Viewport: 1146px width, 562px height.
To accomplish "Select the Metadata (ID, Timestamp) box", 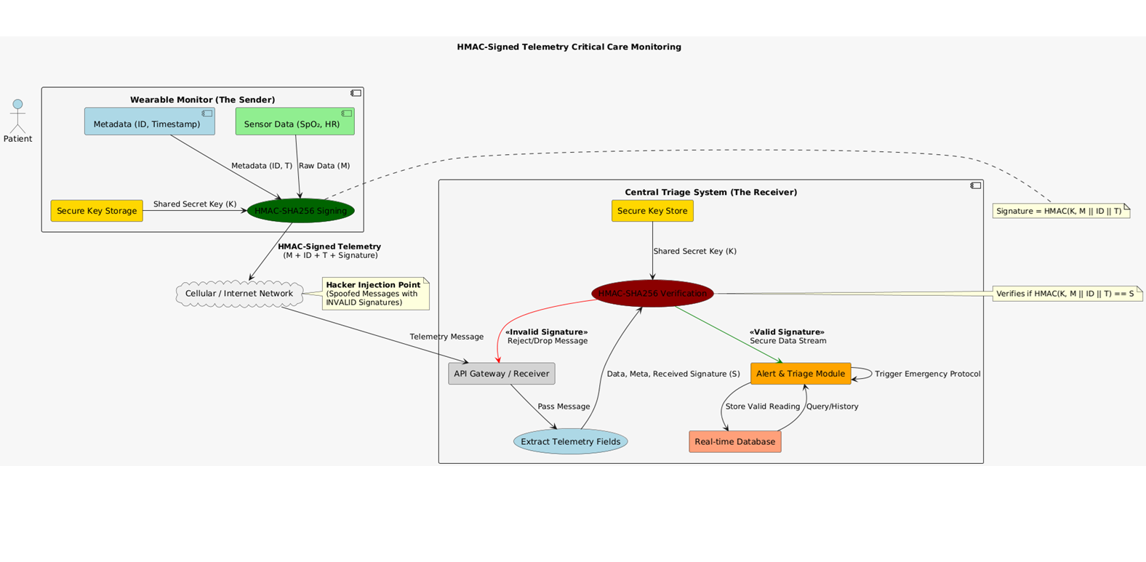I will [150, 121].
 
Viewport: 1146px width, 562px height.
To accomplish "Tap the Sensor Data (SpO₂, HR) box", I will [294, 121].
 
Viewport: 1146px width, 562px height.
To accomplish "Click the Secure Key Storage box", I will [97, 211].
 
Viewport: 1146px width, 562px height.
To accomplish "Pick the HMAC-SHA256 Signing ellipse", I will [300, 211].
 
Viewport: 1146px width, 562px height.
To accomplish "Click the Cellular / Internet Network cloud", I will [239, 294].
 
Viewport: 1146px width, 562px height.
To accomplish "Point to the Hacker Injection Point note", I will [375, 294].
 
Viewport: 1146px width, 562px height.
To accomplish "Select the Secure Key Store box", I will [652, 211].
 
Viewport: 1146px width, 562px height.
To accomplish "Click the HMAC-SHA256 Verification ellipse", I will [652, 294].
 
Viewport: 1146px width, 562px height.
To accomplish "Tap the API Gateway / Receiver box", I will [501, 374].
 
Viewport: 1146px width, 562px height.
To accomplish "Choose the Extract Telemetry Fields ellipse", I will [570, 441].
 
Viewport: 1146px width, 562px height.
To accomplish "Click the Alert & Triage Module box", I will [800, 374].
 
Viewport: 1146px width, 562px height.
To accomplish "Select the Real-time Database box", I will [734, 441].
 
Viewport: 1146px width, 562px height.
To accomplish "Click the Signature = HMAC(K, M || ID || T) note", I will [1059, 211].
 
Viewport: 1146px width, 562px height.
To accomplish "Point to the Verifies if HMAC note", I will [1065, 294].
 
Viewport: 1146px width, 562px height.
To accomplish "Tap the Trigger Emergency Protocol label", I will [927, 374].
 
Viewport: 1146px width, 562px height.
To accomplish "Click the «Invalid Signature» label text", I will [546, 332].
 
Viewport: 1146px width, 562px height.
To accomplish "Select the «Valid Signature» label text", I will [787, 332].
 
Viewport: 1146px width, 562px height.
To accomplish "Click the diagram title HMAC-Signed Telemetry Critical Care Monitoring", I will [569, 47].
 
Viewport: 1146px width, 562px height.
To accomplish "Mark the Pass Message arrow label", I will [564, 406].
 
